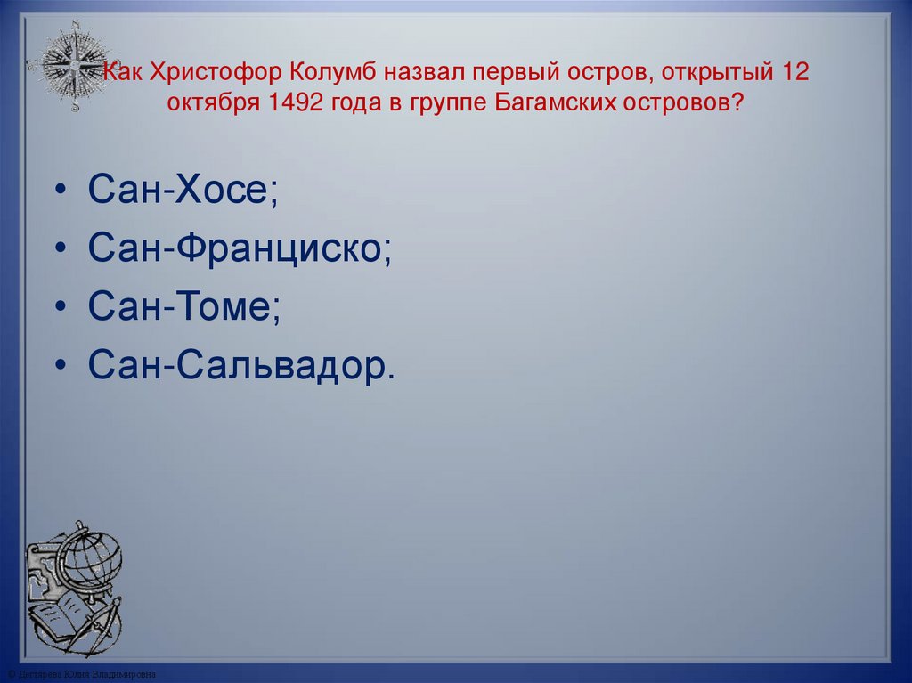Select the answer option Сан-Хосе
pos(183,192)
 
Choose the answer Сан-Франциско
pos(239,249)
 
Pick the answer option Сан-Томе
pos(184,307)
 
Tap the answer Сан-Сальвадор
pos(240,365)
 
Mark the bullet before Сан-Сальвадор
pos(60,367)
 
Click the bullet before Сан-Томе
pos(60,309)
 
